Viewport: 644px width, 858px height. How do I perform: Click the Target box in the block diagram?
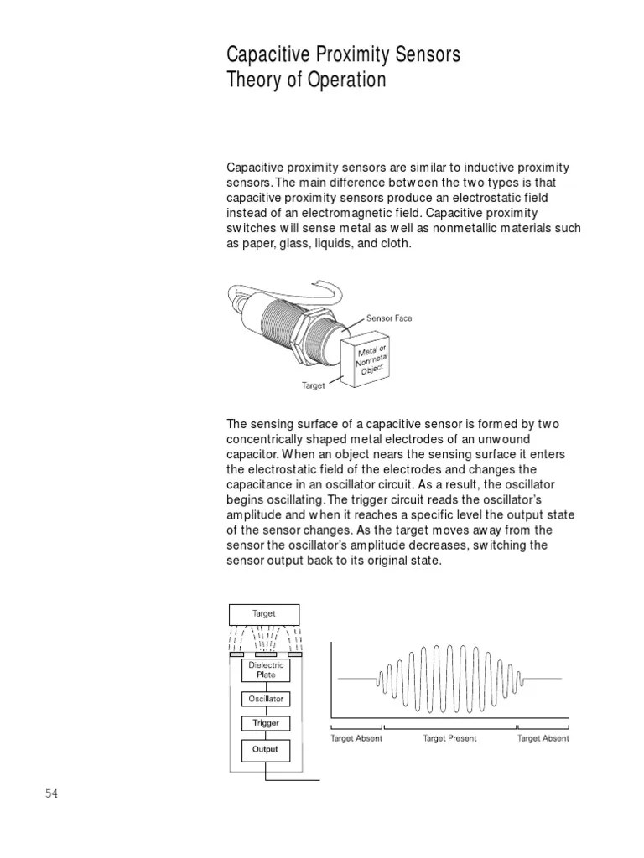click(263, 614)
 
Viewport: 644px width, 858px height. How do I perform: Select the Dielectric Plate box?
click(266, 669)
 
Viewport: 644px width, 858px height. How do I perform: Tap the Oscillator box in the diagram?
click(266, 699)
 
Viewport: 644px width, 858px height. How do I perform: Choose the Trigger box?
click(266, 722)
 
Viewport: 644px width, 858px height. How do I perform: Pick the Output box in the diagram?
click(266, 749)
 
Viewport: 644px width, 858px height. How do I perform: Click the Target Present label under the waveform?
click(449, 738)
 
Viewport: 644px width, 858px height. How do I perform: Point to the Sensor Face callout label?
click(389, 318)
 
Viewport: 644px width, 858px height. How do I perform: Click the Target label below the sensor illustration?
click(314, 385)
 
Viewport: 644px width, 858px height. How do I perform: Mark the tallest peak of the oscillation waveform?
click(450, 648)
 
